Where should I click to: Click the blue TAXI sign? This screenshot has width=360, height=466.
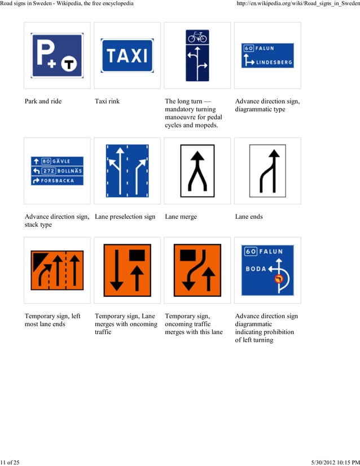pos(127,55)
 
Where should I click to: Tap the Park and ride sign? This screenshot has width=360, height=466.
pos(57,55)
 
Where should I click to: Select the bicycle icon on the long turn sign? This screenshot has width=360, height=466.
pos(197,37)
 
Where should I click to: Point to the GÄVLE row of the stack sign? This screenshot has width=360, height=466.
pos(57,161)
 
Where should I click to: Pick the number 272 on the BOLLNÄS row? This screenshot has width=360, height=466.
pos(49,170)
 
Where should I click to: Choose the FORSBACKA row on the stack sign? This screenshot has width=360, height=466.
pos(57,181)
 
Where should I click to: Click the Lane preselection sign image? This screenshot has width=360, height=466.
pos(127,170)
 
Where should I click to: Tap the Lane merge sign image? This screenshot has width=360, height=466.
pos(197,170)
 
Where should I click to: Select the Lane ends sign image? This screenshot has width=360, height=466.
pos(267,170)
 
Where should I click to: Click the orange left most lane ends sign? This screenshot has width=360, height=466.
pos(57,270)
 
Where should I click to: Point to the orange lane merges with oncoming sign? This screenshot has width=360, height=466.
pos(127,270)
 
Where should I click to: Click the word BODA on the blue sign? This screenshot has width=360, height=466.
pos(256,269)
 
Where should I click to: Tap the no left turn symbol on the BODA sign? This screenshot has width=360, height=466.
pos(278,279)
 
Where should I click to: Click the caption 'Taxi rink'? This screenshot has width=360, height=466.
pos(107,102)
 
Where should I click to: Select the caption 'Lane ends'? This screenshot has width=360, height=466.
pos(249,217)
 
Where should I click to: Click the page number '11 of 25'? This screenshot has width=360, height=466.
pos(10,463)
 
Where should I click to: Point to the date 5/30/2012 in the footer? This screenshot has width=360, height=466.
pos(328,463)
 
